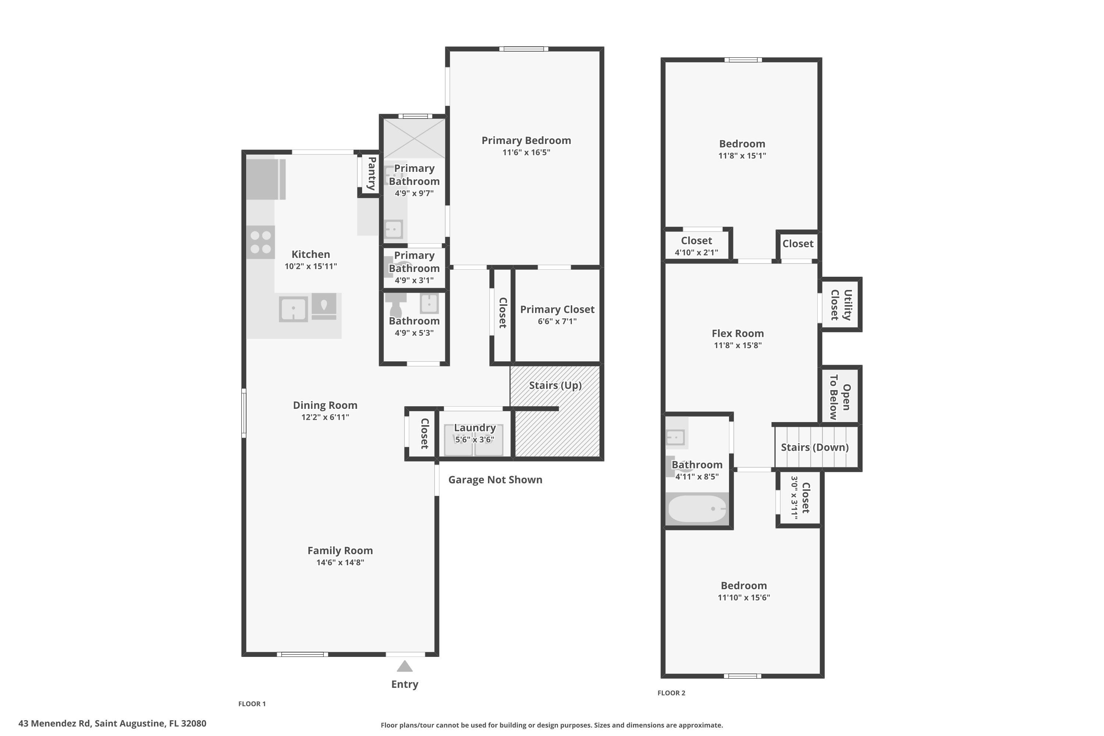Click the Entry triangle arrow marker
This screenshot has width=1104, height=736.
404,666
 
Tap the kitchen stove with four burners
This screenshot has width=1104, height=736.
261,242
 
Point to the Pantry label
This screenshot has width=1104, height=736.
371,173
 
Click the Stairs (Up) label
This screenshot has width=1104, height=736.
555,385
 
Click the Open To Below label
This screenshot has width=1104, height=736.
840,397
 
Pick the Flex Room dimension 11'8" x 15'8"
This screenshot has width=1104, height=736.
737,346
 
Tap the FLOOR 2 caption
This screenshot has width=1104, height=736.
671,693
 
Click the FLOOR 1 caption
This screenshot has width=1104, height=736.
252,704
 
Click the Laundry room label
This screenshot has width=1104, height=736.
475,428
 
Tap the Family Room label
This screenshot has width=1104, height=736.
340,551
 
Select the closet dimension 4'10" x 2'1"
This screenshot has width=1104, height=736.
696,252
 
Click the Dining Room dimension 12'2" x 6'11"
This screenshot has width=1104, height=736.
325,417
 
